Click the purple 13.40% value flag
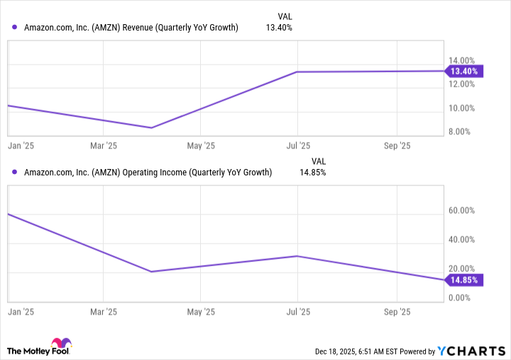pyautogui.click(x=464, y=71)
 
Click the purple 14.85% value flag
pyautogui.click(x=464, y=280)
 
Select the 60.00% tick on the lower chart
pyautogui.click(x=461, y=211)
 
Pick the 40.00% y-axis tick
pyautogui.click(x=461, y=240)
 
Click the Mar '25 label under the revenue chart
pyautogui.click(x=104, y=146)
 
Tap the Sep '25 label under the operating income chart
pyautogui.click(x=397, y=312)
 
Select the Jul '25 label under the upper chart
pyautogui.click(x=298, y=146)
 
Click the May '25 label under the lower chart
pyautogui.click(x=200, y=312)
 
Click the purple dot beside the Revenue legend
pyautogui.click(x=15, y=28)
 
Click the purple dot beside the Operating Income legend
pyautogui.click(x=15, y=172)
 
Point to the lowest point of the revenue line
pyautogui.click(x=151, y=128)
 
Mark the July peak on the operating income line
pyautogui.click(x=297, y=256)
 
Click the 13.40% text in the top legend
pyautogui.click(x=278, y=28)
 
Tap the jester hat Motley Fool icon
pyautogui.click(x=61, y=344)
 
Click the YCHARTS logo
pyautogui.click(x=471, y=350)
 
